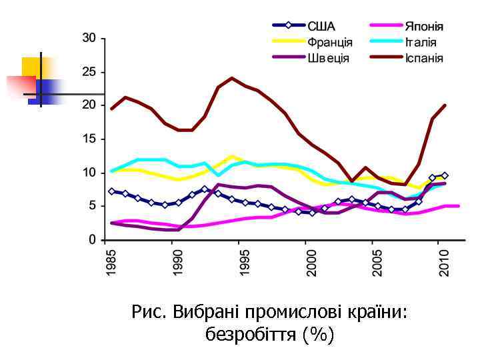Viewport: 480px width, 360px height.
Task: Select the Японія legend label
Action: pos(423,27)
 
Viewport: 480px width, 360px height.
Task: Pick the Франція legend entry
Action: pos(329,42)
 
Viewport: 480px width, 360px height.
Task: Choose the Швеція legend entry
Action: pos(328,57)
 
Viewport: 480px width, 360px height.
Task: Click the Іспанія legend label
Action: pos(423,57)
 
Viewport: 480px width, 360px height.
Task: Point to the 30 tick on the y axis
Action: pos(89,37)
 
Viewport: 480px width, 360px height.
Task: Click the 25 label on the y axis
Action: pos(89,71)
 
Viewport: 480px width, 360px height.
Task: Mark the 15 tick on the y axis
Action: pos(89,139)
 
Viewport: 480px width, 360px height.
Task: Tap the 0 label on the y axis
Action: pos(93,239)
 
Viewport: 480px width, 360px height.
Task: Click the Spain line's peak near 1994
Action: pos(231,78)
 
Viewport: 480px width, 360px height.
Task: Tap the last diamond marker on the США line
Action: pos(445,175)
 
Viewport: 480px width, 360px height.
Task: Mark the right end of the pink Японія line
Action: pos(459,206)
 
